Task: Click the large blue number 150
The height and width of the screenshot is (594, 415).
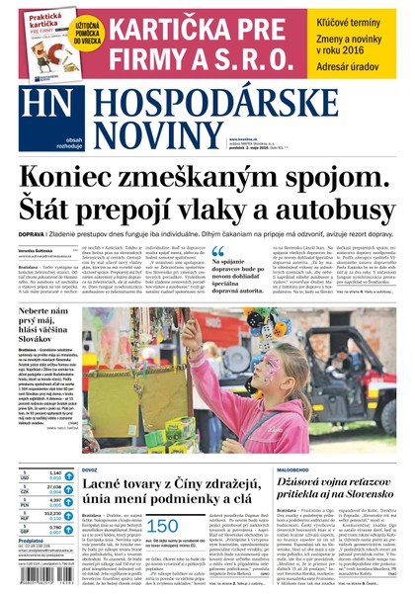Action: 162,527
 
